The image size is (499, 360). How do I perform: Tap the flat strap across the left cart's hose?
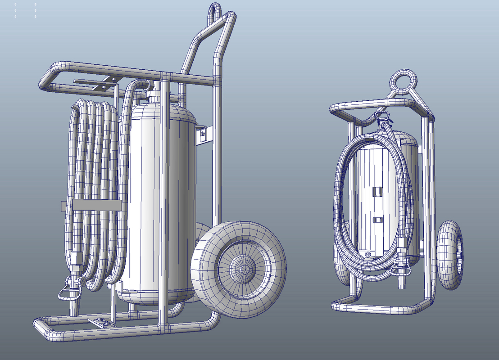(x=96, y=206)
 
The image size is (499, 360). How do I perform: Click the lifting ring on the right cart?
(x=404, y=82)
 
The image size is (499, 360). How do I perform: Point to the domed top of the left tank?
(x=176, y=112)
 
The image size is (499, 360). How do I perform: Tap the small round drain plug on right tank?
(x=368, y=255)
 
